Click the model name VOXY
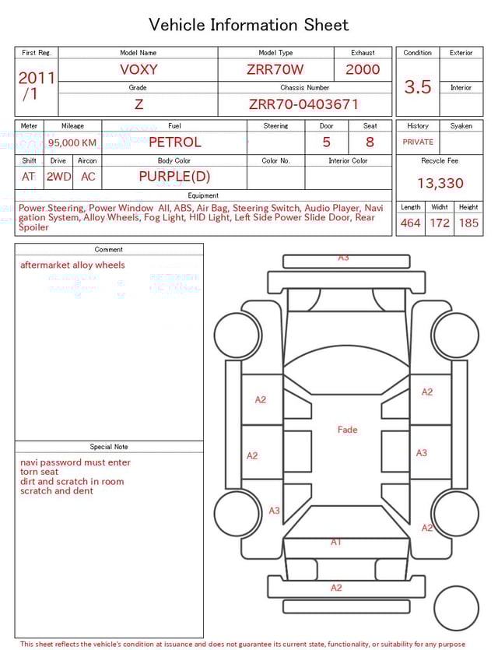click(139, 69)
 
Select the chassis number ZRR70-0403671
click(303, 104)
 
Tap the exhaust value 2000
click(363, 69)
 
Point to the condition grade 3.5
click(418, 87)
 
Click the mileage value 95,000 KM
click(72, 142)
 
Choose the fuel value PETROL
click(174, 142)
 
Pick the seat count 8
click(370, 142)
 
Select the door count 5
click(326, 142)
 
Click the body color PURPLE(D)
click(174, 177)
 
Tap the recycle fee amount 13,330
click(440, 184)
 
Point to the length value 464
click(410, 223)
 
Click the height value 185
click(468, 223)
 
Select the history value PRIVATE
click(418, 142)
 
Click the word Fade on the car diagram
click(347, 430)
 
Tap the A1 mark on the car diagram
click(336, 542)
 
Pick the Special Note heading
click(109, 447)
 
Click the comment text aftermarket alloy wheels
click(72, 265)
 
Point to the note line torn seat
click(39, 472)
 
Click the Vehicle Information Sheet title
click(249, 25)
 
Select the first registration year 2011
click(37, 78)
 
